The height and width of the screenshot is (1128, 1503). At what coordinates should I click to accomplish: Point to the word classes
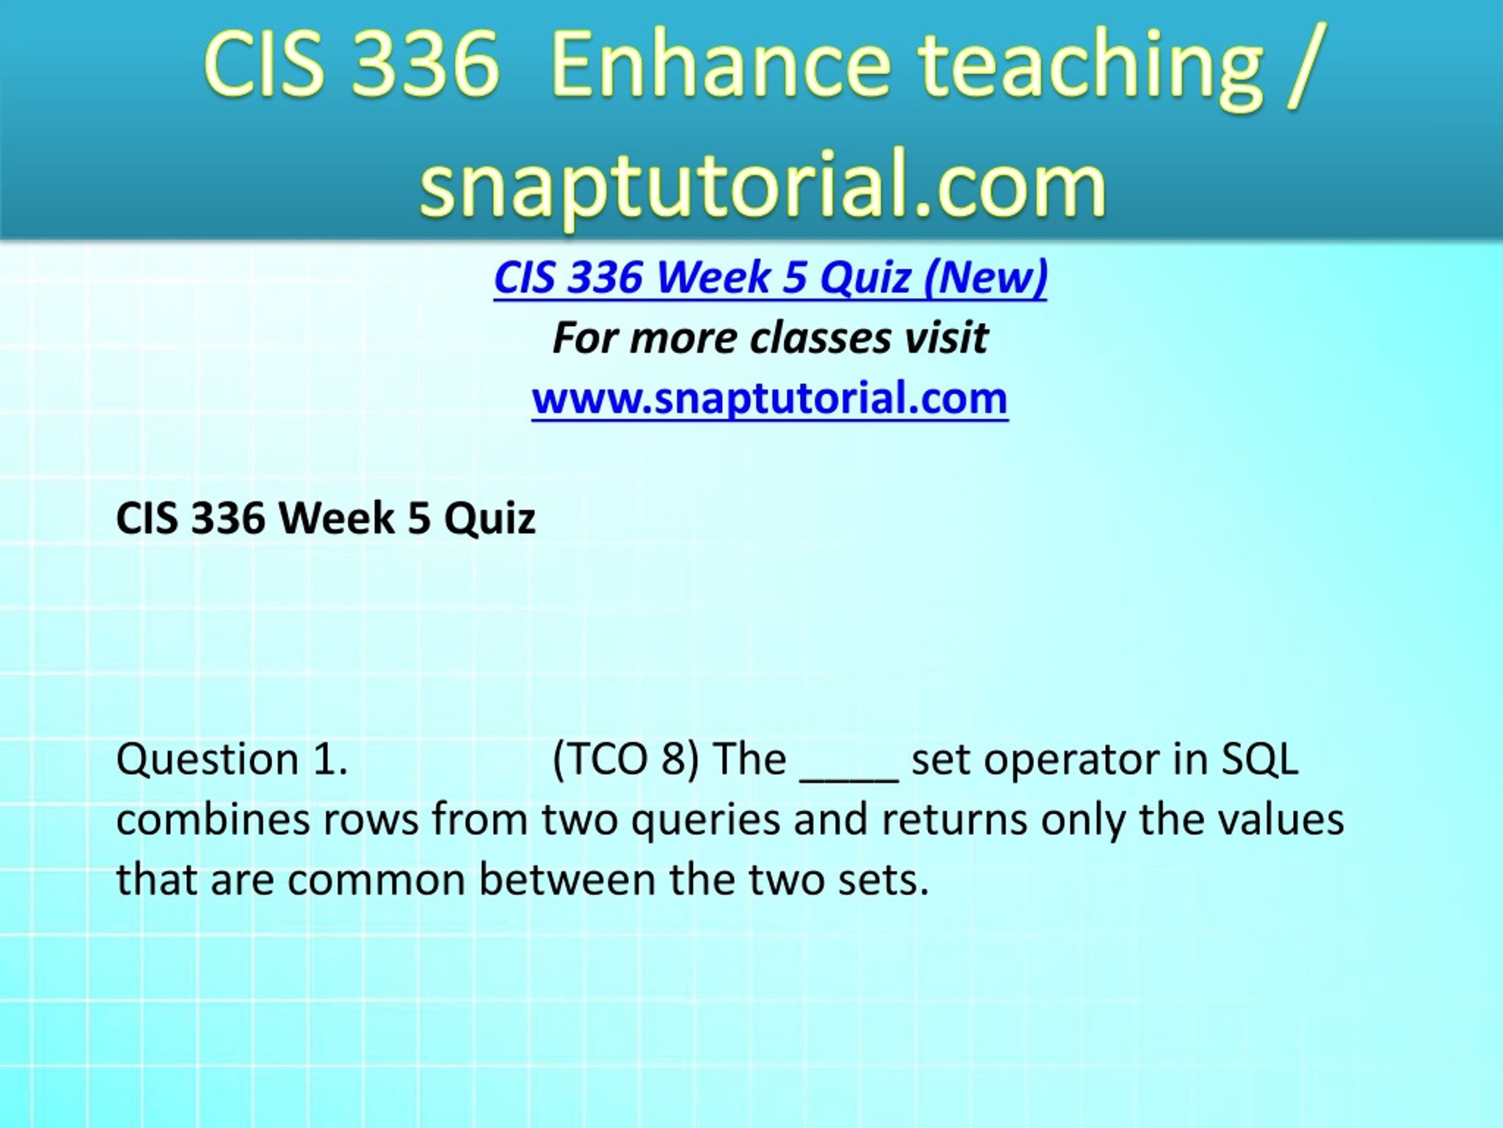821,338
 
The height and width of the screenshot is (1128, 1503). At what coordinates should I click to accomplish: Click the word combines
213,820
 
